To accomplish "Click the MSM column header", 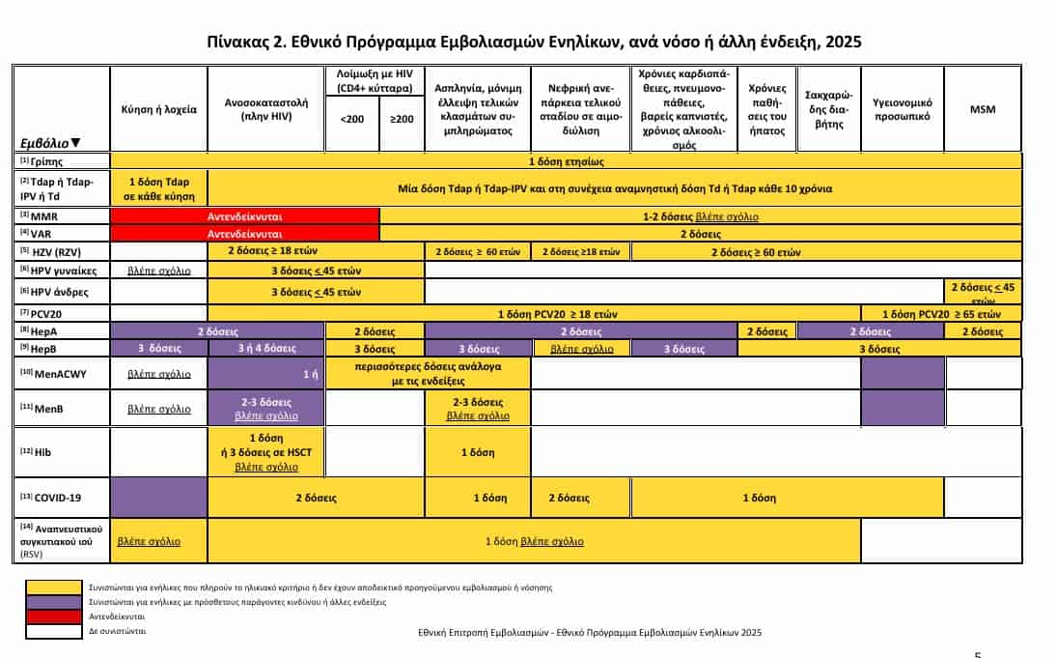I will click(x=982, y=109).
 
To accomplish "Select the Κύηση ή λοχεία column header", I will click(x=159, y=109).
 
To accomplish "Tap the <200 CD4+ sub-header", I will click(x=352, y=119).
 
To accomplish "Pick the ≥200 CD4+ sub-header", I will click(x=402, y=119).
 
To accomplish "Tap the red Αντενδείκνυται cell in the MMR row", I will click(x=245, y=216).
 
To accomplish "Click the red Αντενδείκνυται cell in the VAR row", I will click(x=245, y=234).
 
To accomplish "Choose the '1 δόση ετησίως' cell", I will click(x=567, y=160).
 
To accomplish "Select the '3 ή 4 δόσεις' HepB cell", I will click(x=266, y=348).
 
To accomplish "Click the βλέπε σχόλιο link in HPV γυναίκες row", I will click(x=159, y=270).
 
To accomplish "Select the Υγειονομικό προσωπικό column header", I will click(x=901, y=109).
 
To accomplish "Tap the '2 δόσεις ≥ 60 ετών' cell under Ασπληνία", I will click(x=477, y=252).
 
